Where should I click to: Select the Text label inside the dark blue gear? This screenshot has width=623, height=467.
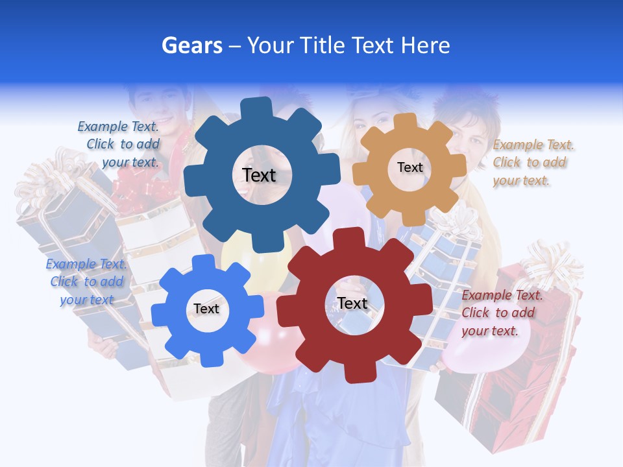(259, 175)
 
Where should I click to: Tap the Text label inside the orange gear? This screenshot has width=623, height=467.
(409, 167)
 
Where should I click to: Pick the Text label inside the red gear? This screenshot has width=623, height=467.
(352, 303)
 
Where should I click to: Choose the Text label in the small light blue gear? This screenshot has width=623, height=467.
(206, 309)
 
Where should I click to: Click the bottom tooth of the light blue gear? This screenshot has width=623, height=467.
(207, 358)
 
